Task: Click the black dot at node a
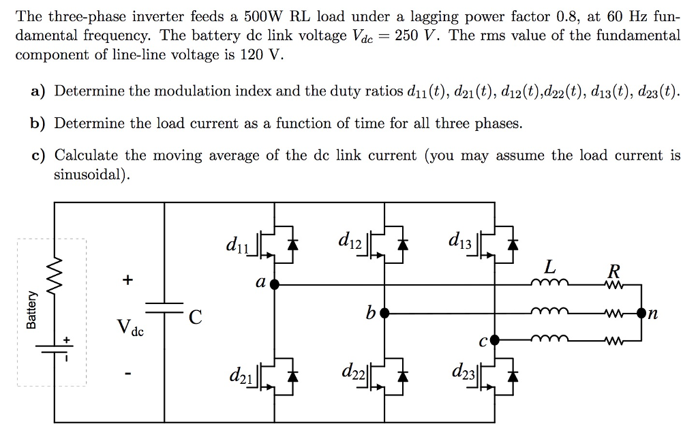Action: [274, 284]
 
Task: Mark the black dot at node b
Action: [384, 313]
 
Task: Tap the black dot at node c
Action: [496, 339]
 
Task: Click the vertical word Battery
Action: [31, 310]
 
